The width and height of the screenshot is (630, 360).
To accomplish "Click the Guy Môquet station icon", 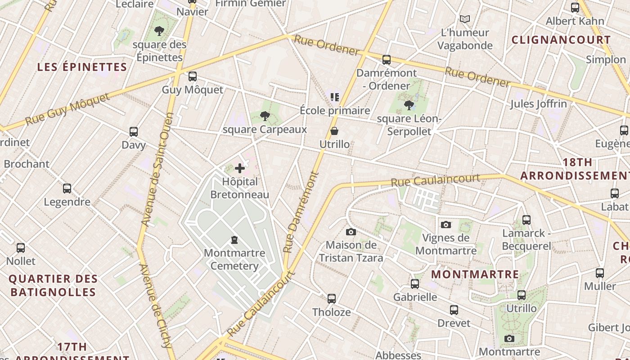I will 193,76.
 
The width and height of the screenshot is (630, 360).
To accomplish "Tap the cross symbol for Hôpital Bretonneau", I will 240,169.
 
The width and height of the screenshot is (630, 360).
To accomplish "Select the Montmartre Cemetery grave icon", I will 234,239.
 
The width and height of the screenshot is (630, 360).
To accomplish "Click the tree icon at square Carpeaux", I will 265,117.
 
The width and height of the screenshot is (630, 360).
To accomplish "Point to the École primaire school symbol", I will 334,97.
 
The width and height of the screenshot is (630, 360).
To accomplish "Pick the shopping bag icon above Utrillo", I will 334,131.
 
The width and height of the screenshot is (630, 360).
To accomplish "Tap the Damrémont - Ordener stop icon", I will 386,60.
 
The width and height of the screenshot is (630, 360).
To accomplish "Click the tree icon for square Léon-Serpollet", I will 409,106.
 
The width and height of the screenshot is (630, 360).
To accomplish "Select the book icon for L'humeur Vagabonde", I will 465,19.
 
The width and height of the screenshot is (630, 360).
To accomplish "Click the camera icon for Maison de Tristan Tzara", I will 351,232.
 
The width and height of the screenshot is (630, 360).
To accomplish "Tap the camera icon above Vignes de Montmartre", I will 446,225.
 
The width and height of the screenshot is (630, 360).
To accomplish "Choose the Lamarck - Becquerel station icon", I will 526,220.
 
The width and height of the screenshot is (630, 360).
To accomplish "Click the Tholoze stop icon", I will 332,299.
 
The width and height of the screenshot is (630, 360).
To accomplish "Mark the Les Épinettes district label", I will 82,67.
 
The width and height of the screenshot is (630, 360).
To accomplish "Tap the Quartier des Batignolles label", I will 53,285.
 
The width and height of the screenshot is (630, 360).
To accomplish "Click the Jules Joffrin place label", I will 538,104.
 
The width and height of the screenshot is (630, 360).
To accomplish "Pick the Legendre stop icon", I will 67,189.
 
